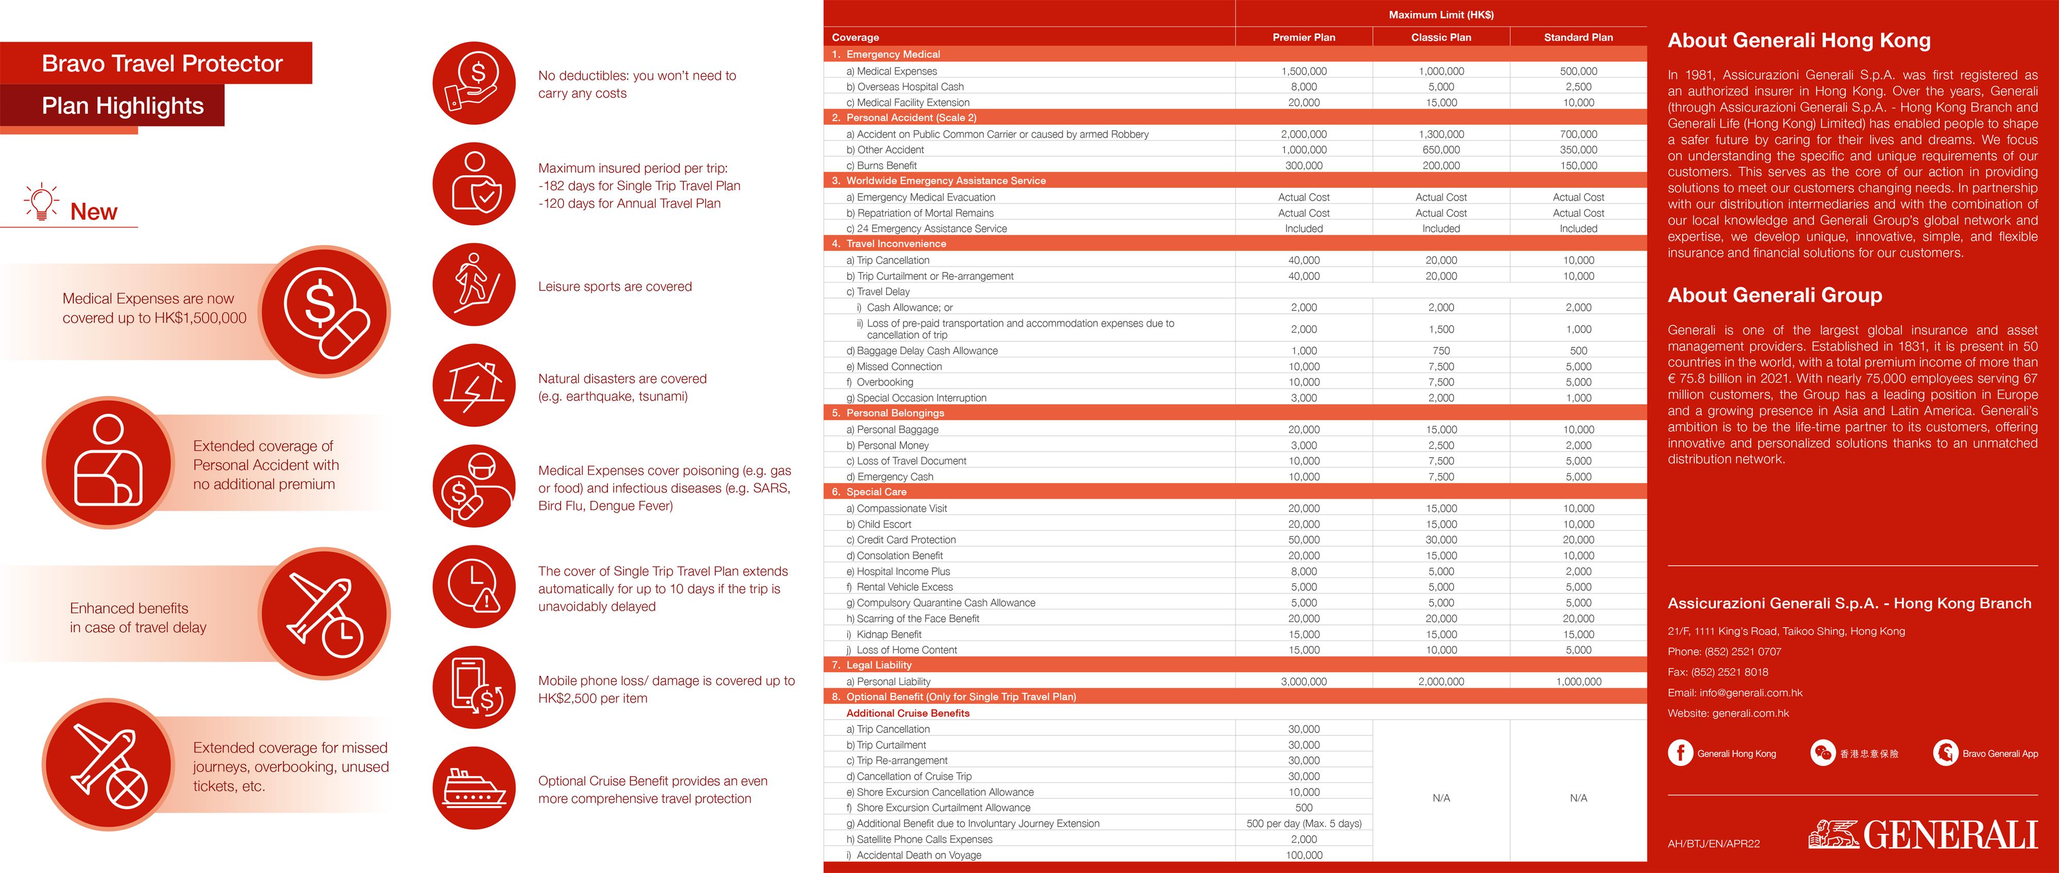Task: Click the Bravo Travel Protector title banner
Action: coord(162,63)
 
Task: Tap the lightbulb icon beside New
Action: coord(42,201)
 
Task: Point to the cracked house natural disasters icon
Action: coord(474,386)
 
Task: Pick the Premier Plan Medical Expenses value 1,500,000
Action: coord(1304,71)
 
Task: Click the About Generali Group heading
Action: coord(1774,295)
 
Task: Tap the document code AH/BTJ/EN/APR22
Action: coord(1714,844)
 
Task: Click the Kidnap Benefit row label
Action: coord(889,635)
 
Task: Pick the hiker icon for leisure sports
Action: coord(474,285)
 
